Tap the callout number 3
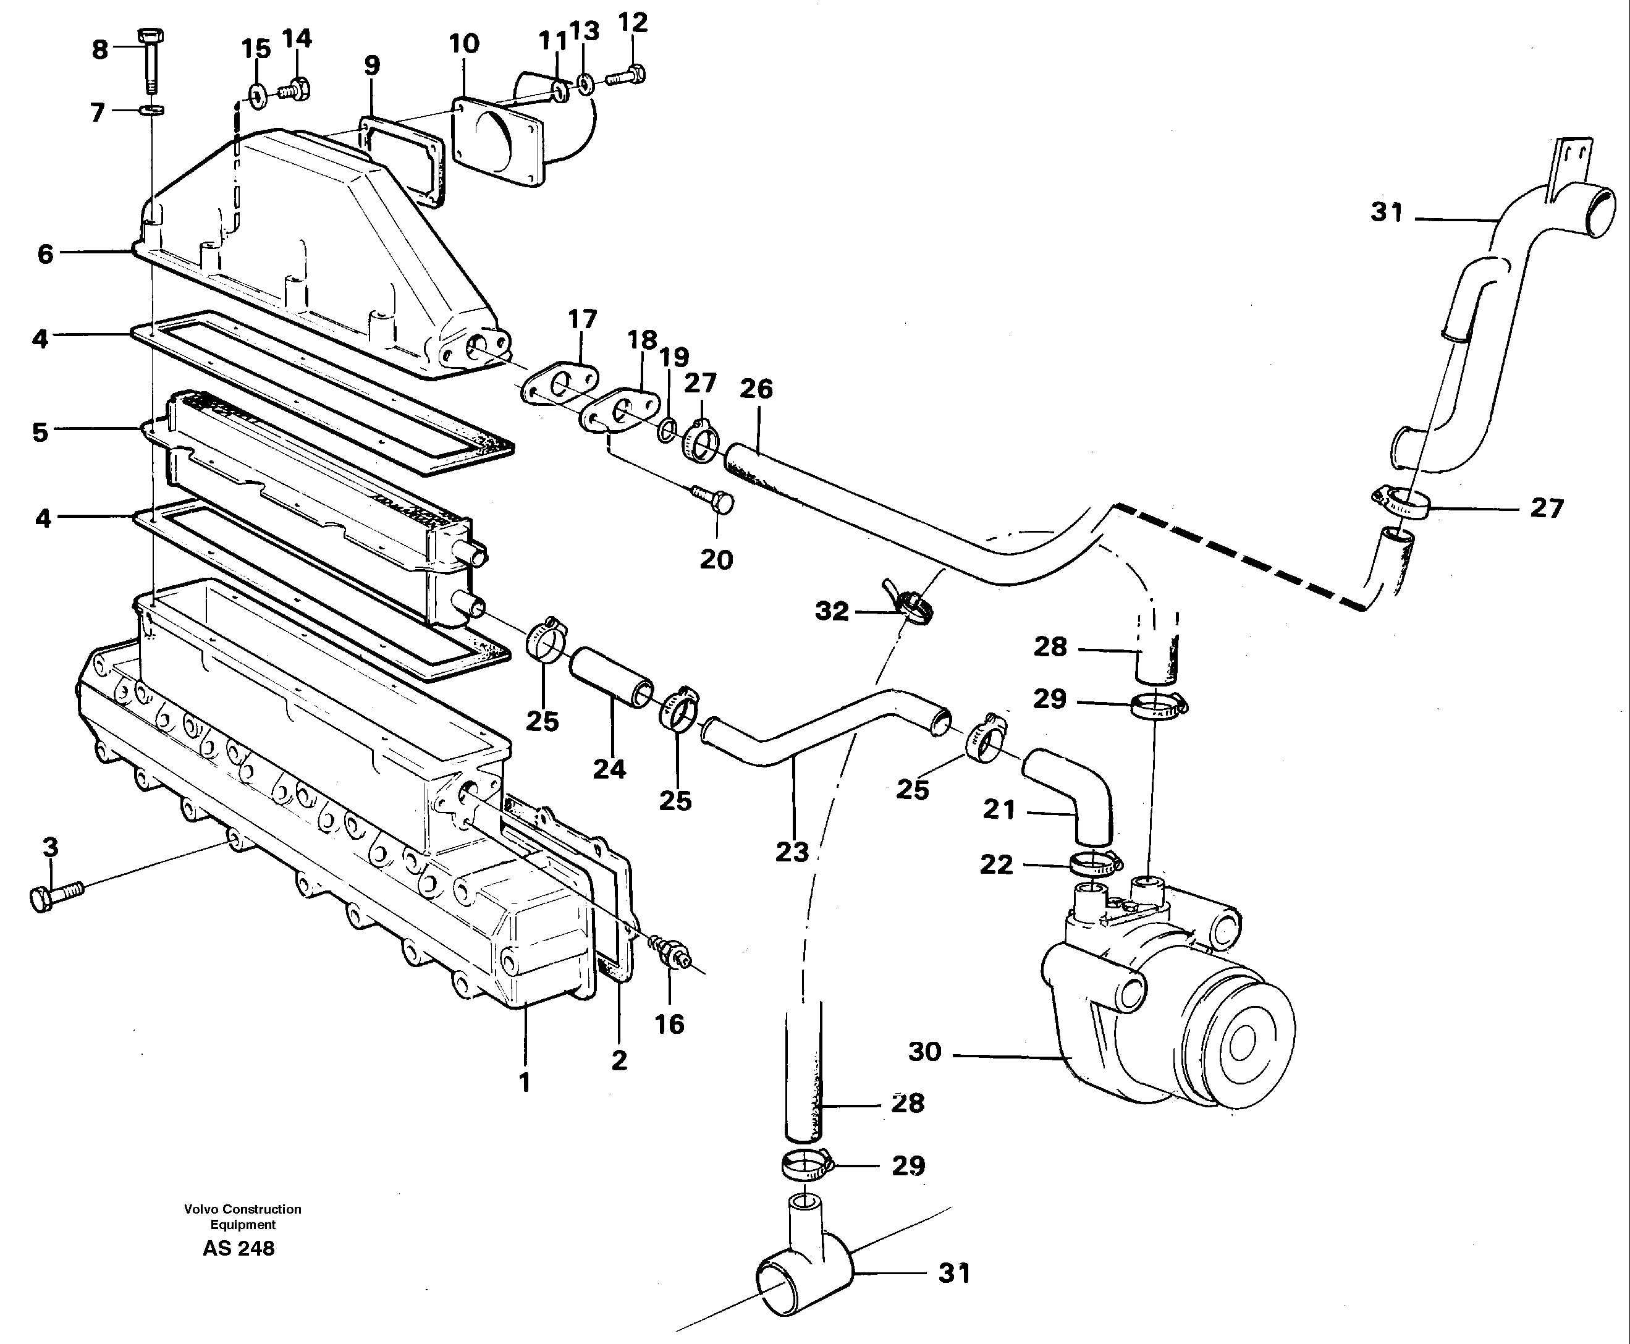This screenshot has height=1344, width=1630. coord(50,847)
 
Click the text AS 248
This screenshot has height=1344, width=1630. coord(239,1248)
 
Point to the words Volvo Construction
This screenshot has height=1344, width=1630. coord(242,1209)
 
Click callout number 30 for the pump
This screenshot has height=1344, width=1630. coord(924,1051)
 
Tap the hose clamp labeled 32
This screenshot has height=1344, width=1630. coord(913,606)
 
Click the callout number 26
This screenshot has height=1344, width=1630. coord(756,389)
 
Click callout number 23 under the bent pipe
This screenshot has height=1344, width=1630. coord(792,852)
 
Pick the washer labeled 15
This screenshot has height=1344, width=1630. coord(255,95)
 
